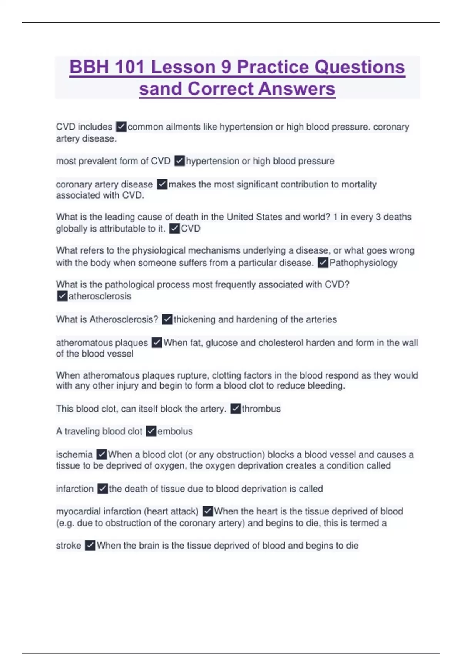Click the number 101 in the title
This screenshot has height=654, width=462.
click(130, 67)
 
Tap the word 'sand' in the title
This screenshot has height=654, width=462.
click(160, 89)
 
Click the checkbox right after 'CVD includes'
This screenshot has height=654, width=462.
click(121, 127)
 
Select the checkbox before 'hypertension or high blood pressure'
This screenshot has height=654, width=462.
click(179, 161)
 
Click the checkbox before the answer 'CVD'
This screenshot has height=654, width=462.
click(174, 229)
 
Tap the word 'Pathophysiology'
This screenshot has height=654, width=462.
click(363, 263)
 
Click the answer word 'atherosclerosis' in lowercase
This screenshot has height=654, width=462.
click(100, 296)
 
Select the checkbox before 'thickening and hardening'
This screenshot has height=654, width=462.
click(167, 319)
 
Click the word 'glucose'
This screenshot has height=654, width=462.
click(221, 343)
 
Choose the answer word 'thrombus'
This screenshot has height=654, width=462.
click(261, 409)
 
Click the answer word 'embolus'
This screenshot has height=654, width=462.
click(175, 431)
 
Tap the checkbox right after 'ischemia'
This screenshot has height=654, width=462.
click(102, 454)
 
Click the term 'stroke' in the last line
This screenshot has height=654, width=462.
click(69, 546)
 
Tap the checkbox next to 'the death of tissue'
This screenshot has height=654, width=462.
click(102, 489)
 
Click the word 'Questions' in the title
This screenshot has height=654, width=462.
click(360, 67)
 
